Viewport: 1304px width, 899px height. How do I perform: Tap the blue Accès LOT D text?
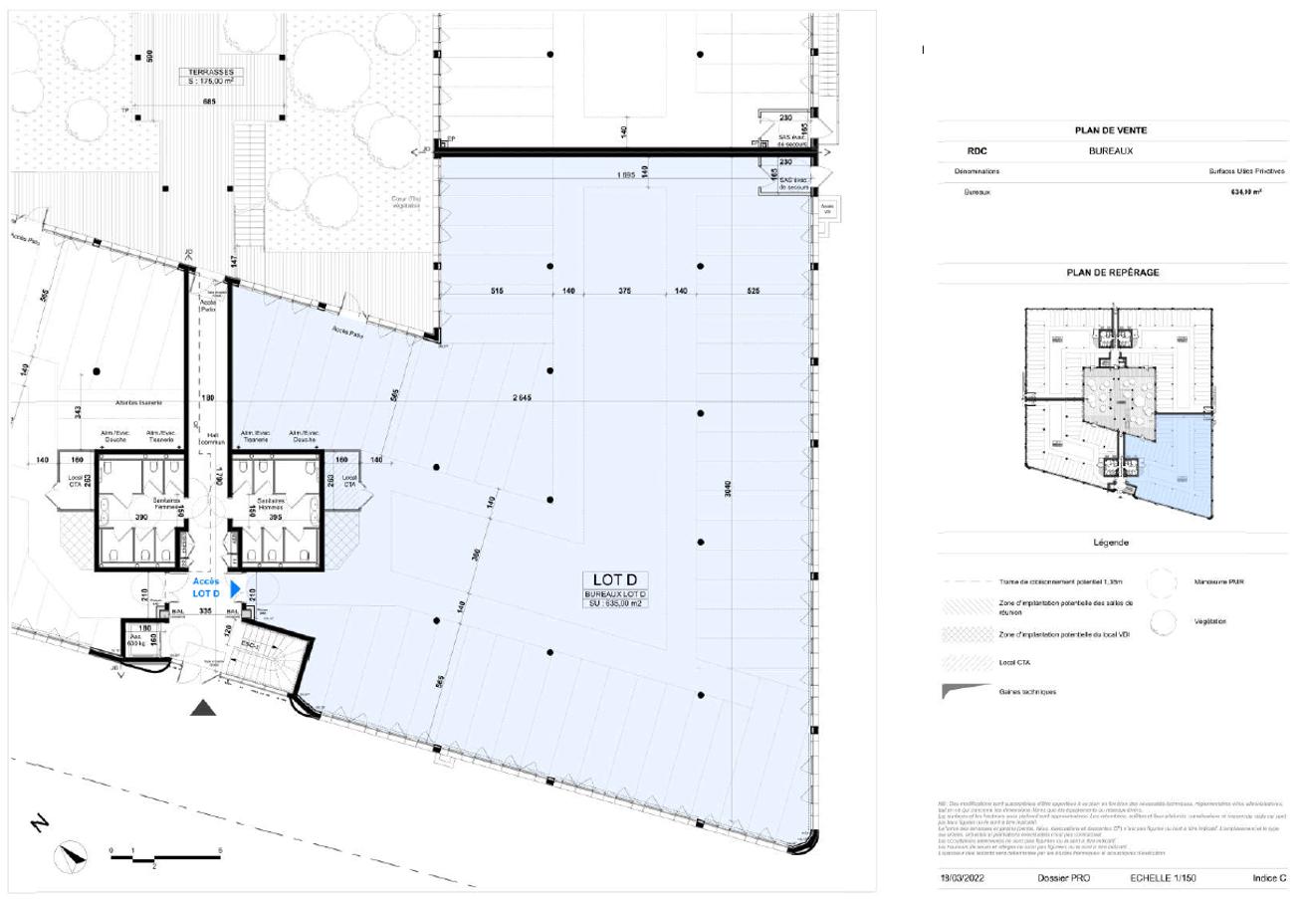(205, 587)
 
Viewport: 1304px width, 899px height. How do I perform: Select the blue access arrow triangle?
(235, 589)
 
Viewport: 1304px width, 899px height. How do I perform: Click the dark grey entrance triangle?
(204, 708)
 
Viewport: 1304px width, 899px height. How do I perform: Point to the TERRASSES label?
(205, 73)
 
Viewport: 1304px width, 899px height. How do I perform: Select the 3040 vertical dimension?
(730, 491)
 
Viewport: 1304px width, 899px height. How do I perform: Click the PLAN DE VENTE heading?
(1111, 130)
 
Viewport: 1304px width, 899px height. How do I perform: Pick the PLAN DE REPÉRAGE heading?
(1111, 272)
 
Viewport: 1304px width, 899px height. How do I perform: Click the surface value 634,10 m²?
(1246, 191)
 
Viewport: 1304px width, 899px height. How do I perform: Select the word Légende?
(1111, 543)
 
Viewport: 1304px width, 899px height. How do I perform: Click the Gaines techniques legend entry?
(1027, 691)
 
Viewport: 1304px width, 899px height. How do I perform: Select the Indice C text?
(1269, 878)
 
